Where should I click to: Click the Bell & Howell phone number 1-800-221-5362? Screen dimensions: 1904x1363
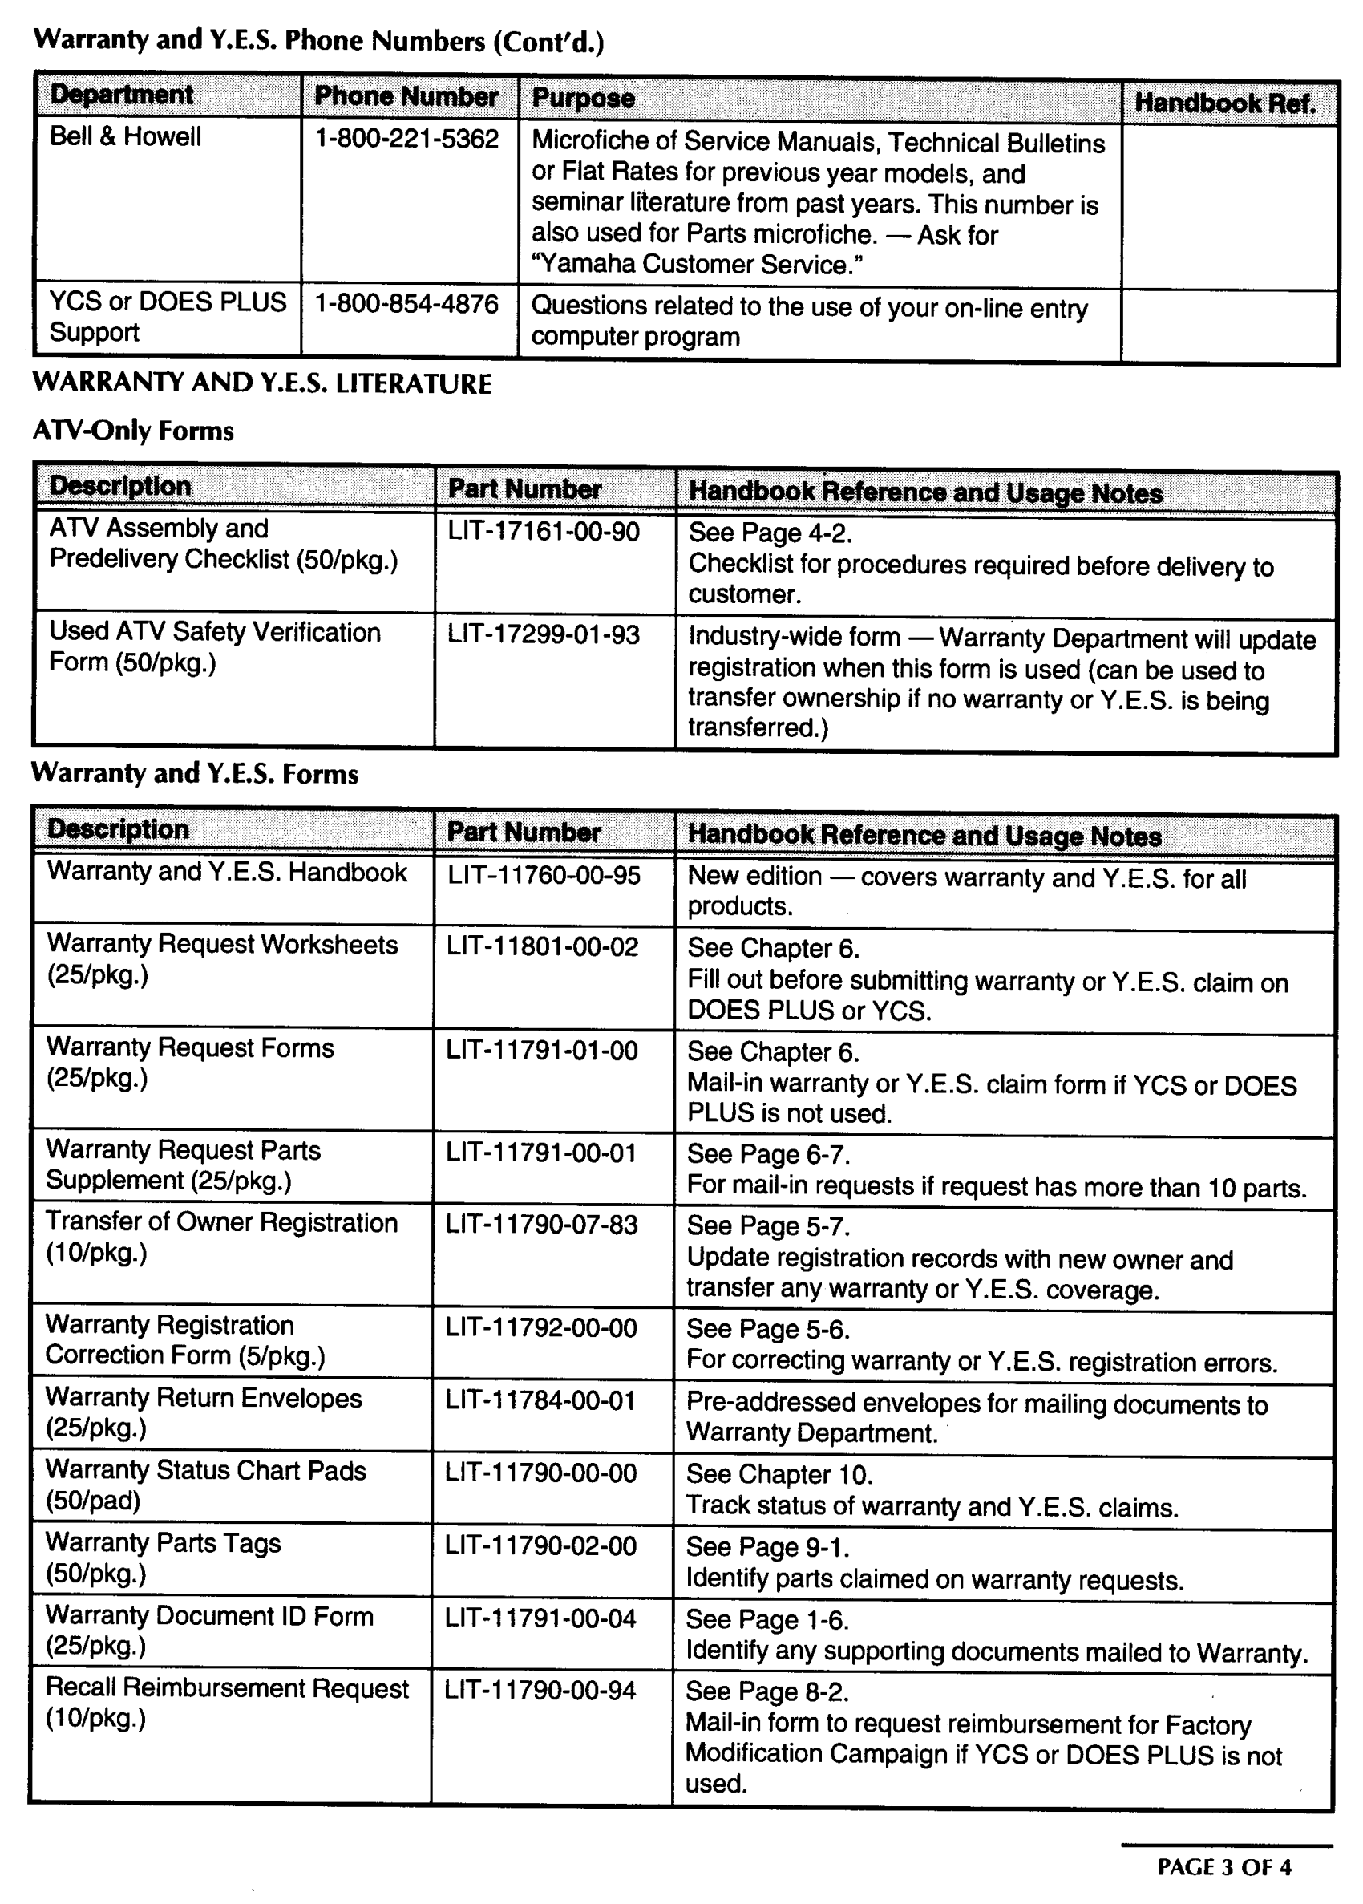(x=406, y=139)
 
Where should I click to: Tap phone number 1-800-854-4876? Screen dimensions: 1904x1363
(x=406, y=303)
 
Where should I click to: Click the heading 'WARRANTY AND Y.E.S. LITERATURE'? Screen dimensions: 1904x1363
(x=262, y=383)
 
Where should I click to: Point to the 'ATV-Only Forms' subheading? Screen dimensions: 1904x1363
(x=133, y=431)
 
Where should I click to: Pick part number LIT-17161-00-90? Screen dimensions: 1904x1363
(x=543, y=532)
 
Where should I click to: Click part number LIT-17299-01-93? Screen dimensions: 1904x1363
(x=543, y=634)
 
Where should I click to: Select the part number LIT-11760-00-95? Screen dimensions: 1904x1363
(x=543, y=875)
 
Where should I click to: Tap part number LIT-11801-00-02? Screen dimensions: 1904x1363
(x=542, y=947)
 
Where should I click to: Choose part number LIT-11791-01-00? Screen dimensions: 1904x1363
(x=541, y=1050)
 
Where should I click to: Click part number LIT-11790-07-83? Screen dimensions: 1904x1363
(x=541, y=1225)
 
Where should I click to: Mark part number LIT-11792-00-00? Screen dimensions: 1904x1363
(x=541, y=1328)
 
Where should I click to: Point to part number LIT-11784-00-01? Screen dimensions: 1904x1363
(x=540, y=1400)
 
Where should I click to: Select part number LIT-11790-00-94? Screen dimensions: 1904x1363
(x=540, y=1691)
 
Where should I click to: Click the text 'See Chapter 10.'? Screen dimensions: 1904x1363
(x=779, y=1474)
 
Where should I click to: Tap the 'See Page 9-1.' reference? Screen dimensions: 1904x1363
(x=767, y=1546)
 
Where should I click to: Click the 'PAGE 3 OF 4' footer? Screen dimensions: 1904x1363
(x=1223, y=1867)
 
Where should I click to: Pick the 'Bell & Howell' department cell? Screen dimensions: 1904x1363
(x=125, y=136)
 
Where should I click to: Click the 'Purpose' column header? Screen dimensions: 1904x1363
(x=584, y=98)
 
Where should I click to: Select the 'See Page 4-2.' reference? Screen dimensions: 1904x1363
(x=770, y=533)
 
